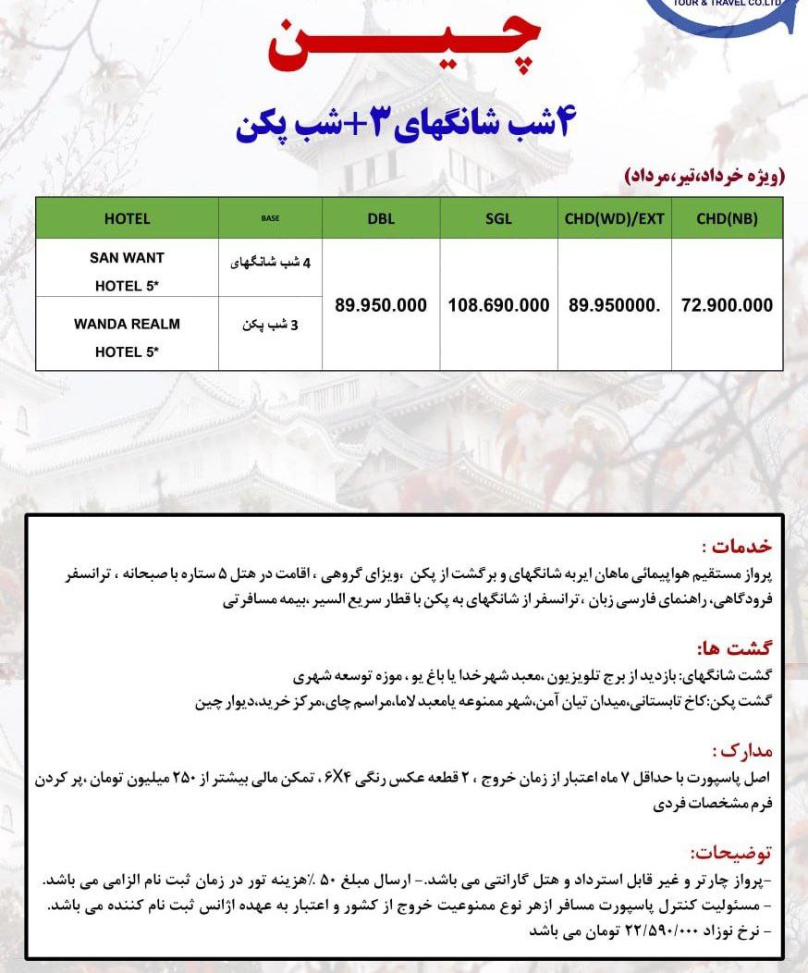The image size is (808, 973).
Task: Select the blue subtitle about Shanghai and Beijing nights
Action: pyautogui.click(x=404, y=126)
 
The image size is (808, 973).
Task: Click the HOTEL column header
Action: pyautogui.click(x=127, y=218)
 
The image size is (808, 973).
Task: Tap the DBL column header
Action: pyautogui.click(x=381, y=218)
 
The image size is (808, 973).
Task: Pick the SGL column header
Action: pyautogui.click(x=498, y=218)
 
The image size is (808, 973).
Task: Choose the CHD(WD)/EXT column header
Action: pyautogui.click(x=615, y=218)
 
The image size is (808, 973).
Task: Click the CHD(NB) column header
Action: pyautogui.click(x=727, y=218)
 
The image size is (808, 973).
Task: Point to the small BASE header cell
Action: pyautogui.click(x=270, y=218)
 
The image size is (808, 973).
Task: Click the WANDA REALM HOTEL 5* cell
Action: pyautogui.click(x=127, y=338)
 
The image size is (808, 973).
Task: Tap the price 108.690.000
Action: pyautogui.click(x=498, y=305)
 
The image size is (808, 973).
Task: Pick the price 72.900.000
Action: pyautogui.click(x=727, y=305)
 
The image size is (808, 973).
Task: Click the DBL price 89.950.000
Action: pyautogui.click(x=381, y=305)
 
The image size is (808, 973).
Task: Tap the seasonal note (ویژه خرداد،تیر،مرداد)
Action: pyautogui.click(x=704, y=176)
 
